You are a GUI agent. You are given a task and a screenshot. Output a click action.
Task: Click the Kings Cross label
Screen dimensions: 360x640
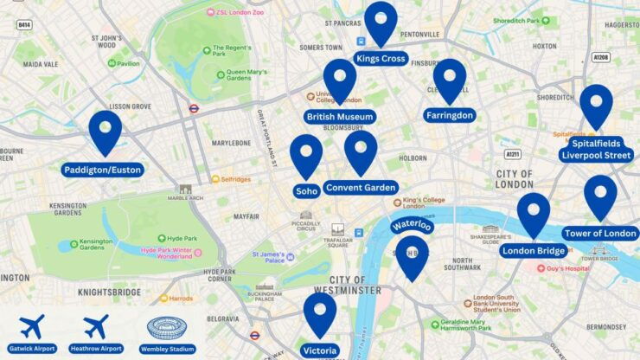(x=381, y=59)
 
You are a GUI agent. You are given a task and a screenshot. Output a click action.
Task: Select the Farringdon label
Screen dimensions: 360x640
(x=450, y=115)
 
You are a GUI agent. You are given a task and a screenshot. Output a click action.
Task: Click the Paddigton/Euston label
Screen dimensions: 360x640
(x=102, y=170)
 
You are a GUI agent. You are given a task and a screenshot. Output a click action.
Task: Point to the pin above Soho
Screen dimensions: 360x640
(x=306, y=154)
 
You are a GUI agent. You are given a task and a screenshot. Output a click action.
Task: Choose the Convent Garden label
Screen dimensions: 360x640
(x=361, y=188)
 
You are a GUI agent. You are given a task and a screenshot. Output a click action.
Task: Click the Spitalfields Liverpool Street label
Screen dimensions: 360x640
(x=596, y=149)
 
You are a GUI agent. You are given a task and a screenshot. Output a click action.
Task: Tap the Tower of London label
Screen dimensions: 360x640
(x=600, y=234)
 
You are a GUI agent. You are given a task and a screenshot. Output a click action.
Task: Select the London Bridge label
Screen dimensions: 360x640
(x=534, y=251)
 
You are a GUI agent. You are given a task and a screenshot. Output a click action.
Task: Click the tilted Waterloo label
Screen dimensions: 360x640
(x=410, y=225)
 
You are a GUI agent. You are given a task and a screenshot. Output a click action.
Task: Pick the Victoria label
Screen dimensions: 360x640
(x=320, y=350)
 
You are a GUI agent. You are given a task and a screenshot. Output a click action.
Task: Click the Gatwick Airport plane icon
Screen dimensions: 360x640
(x=32, y=328)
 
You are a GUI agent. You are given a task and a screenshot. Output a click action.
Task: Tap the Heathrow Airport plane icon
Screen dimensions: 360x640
(x=96, y=328)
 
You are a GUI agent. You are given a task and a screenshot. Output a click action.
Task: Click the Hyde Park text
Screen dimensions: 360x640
(x=182, y=238)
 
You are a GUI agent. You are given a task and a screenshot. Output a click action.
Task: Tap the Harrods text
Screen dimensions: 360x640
(x=181, y=299)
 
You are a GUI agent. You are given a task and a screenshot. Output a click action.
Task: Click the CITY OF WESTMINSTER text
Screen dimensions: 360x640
(x=342, y=285)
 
